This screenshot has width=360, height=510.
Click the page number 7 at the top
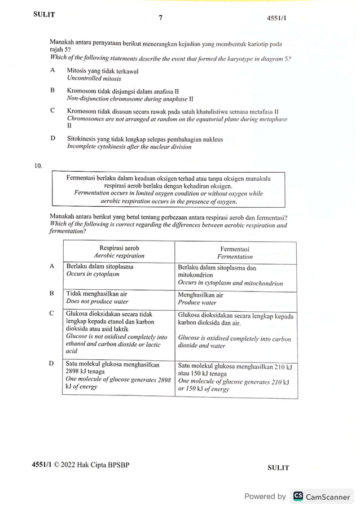pyautogui.click(x=160, y=18)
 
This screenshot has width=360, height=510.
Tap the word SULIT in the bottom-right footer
pyautogui.click(x=278, y=468)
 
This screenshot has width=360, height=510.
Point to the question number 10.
pyautogui.click(x=38, y=165)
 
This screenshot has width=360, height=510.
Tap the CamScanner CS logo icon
pyautogui.click(x=297, y=496)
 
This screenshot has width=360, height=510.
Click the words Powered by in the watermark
pyautogui.click(x=265, y=496)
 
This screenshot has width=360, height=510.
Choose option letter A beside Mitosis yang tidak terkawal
pyautogui.click(x=52, y=71)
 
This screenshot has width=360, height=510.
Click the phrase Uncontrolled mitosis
pyautogui.click(x=94, y=79)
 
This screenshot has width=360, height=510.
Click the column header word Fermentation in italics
pyautogui.click(x=235, y=256)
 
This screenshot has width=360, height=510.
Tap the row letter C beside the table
pyautogui.click(x=52, y=313)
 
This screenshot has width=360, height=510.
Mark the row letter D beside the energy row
pyautogui.click(x=52, y=364)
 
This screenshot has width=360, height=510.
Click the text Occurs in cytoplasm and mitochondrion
pyautogui.click(x=230, y=283)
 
